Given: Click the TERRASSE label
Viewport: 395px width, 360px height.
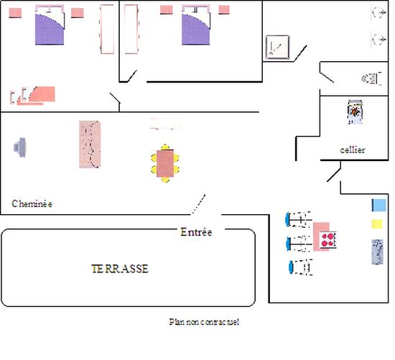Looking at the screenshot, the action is pyautogui.click(x=120, y=269).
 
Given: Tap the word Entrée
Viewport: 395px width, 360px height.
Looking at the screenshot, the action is pyautogui.click(x=196, y=232).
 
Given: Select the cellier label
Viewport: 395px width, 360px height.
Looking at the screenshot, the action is pyautogui.click(x=353, y=149).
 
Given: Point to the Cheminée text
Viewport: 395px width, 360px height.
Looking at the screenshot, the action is pyautogui.click(x=32, y=203).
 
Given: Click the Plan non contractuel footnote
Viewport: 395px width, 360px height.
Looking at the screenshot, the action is pyautogui.click(x=204, y=322).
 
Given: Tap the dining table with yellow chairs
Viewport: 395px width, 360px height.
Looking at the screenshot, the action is pyautogui.click(x=165, y=163).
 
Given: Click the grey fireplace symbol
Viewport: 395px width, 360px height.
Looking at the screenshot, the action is pyautogui.click(x=20, y=147).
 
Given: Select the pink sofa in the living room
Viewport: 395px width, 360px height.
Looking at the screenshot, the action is pyautogui.click(x=90, y=144).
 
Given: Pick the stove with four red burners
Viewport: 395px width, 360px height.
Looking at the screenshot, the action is pyautogui.click(x=328, y=240).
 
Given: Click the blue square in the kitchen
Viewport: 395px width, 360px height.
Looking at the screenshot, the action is pyautogui.click(x=379, y=206).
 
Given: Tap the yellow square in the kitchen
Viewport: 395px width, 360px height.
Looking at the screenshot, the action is pyautogui.click(x=377, y=224).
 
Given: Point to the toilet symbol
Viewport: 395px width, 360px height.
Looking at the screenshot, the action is pyautogui.click(x=371, y=78).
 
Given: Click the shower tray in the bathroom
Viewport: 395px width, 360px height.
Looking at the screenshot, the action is pyautogui.click(x=277, y=47).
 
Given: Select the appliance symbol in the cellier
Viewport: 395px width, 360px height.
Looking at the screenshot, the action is pyautogui.click(x=355, y=112).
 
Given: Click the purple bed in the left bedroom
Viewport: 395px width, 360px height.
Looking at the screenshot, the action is pyautogui.click(x=50, y=25).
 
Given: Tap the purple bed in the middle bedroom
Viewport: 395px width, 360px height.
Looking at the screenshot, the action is pyautogui.click(x=196, y=25).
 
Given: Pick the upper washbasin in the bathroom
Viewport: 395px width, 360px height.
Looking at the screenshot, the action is pyautogui.click(x=379, y=12).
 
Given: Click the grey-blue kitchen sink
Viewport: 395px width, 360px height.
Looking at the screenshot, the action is pyautogui.click(x=377, y=251).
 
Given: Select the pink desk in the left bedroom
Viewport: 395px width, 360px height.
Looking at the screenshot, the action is pyautogui.click(x=42, y=94).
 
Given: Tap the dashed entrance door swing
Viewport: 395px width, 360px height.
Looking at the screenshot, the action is pyautogui.click(x=198, y=204).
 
